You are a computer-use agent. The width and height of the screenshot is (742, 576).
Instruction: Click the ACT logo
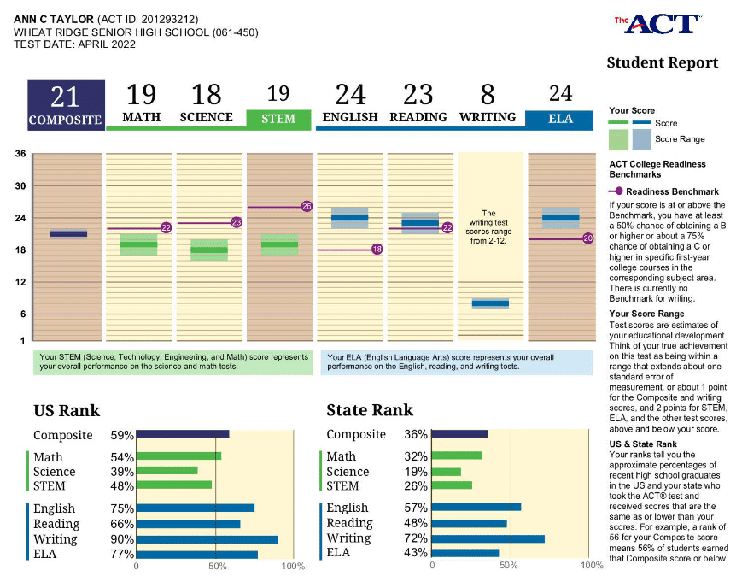pyautogui.click(x=658, y=24)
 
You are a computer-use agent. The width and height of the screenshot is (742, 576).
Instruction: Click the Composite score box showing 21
pyautogui.click(x=66, y=105)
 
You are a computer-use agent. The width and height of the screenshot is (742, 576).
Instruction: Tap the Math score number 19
pyautogui.click(x=141, y=94)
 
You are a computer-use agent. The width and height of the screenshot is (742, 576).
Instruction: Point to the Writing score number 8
pyautogui.click(x=488, y=94)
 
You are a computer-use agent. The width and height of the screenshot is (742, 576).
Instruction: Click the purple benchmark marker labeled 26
pyautogui.click(x=307, y=207)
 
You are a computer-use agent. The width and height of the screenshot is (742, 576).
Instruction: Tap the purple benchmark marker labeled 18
pyautogui.click(x=377, y=250)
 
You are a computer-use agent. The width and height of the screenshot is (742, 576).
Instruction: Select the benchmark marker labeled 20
pyautogui.click(x=587, y=238)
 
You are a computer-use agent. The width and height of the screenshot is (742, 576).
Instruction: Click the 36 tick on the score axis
pyautogui.click(x=19, y=154)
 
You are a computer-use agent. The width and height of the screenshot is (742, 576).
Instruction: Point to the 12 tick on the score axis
pyautogui.click(x=19, y=282)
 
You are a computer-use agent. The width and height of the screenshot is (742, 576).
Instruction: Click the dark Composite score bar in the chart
pyautogui.click(x=68, y=233)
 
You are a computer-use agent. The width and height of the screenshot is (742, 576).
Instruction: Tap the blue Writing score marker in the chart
pyautogui.click(x=490, y=303)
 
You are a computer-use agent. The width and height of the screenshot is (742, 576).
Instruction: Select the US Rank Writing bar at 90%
pyautogui.click(x=207, y=539)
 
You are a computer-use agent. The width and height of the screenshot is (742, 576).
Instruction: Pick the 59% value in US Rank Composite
pyautogui.click(x=122, y=435)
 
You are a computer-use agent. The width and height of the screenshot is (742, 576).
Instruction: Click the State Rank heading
pyautogui.click(x=370, y=410)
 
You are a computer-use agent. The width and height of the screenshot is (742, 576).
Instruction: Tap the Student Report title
pyautogui.click(x=662, y=62)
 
